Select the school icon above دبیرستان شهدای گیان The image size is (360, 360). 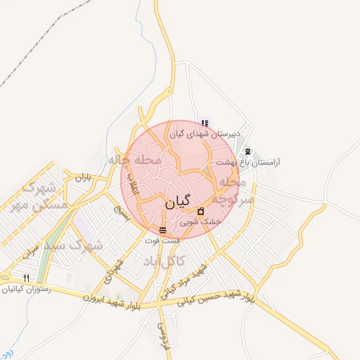pyautogui.click(x=204, y=123)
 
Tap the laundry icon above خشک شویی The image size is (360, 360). pyautogui.click(x=200, y=211)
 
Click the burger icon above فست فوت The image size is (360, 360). pyautogui.click(x=162, y=231)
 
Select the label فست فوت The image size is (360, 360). pyautogui.click(x=162, y=240)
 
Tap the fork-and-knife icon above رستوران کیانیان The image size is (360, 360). pyautogui.click(x=27, y=278)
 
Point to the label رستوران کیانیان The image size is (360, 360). pyautogui.click(x=27, y=288)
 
